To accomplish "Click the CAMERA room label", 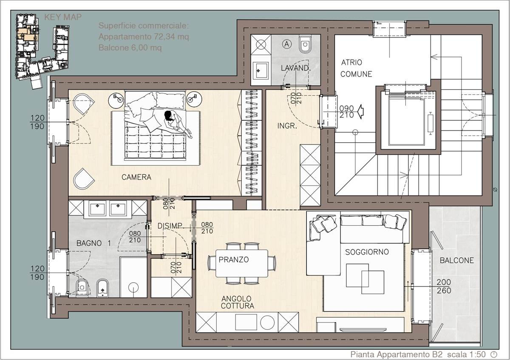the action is tap(136, 177).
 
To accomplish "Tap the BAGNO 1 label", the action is tap(93, 243).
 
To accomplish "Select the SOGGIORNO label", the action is tap(367, 252).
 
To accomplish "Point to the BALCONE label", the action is tap(457, 260).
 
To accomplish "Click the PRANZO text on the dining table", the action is tap(234, 260).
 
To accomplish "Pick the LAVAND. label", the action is tap(295, 68).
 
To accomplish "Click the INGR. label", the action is tap(287, 126).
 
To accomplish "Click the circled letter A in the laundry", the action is tap(286, 44).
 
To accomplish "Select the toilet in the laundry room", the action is tap(305, 44).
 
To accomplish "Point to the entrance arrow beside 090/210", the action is tap(360, 112).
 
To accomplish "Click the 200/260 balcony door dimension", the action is tap(444, 286).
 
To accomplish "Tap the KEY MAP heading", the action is tap(62, 17).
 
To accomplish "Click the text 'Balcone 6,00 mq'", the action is tap(130, 48).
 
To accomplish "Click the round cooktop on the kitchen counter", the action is tap(267, 323).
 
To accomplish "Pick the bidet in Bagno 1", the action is tap(102, 288).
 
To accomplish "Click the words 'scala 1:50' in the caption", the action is tap(466, 354).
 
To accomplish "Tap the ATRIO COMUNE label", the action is tap(356, 68).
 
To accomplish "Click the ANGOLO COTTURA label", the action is tap(237, 302).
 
